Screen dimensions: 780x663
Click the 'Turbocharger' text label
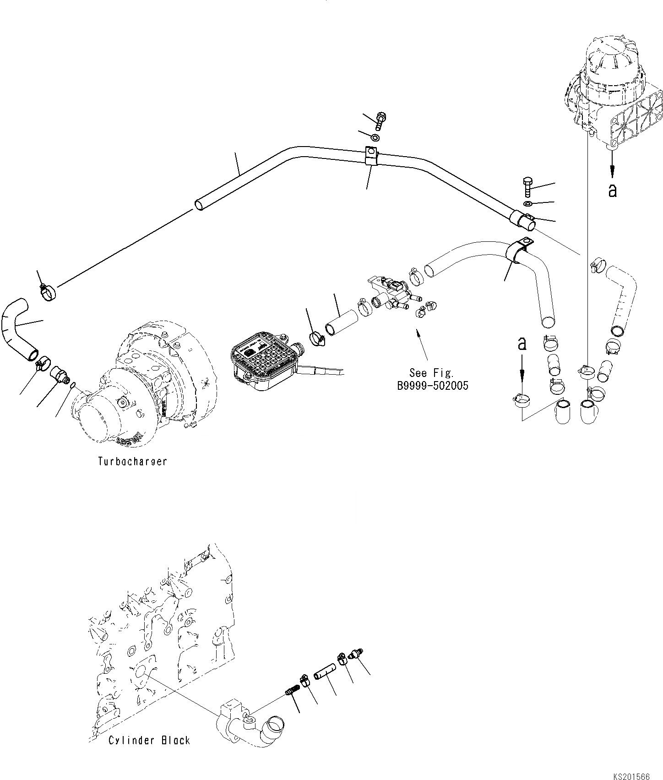132,461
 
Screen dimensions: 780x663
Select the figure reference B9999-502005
433,386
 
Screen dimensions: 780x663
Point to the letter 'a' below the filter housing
612,191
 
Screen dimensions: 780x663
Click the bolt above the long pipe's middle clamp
380,120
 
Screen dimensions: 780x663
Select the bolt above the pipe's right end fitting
527,187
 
